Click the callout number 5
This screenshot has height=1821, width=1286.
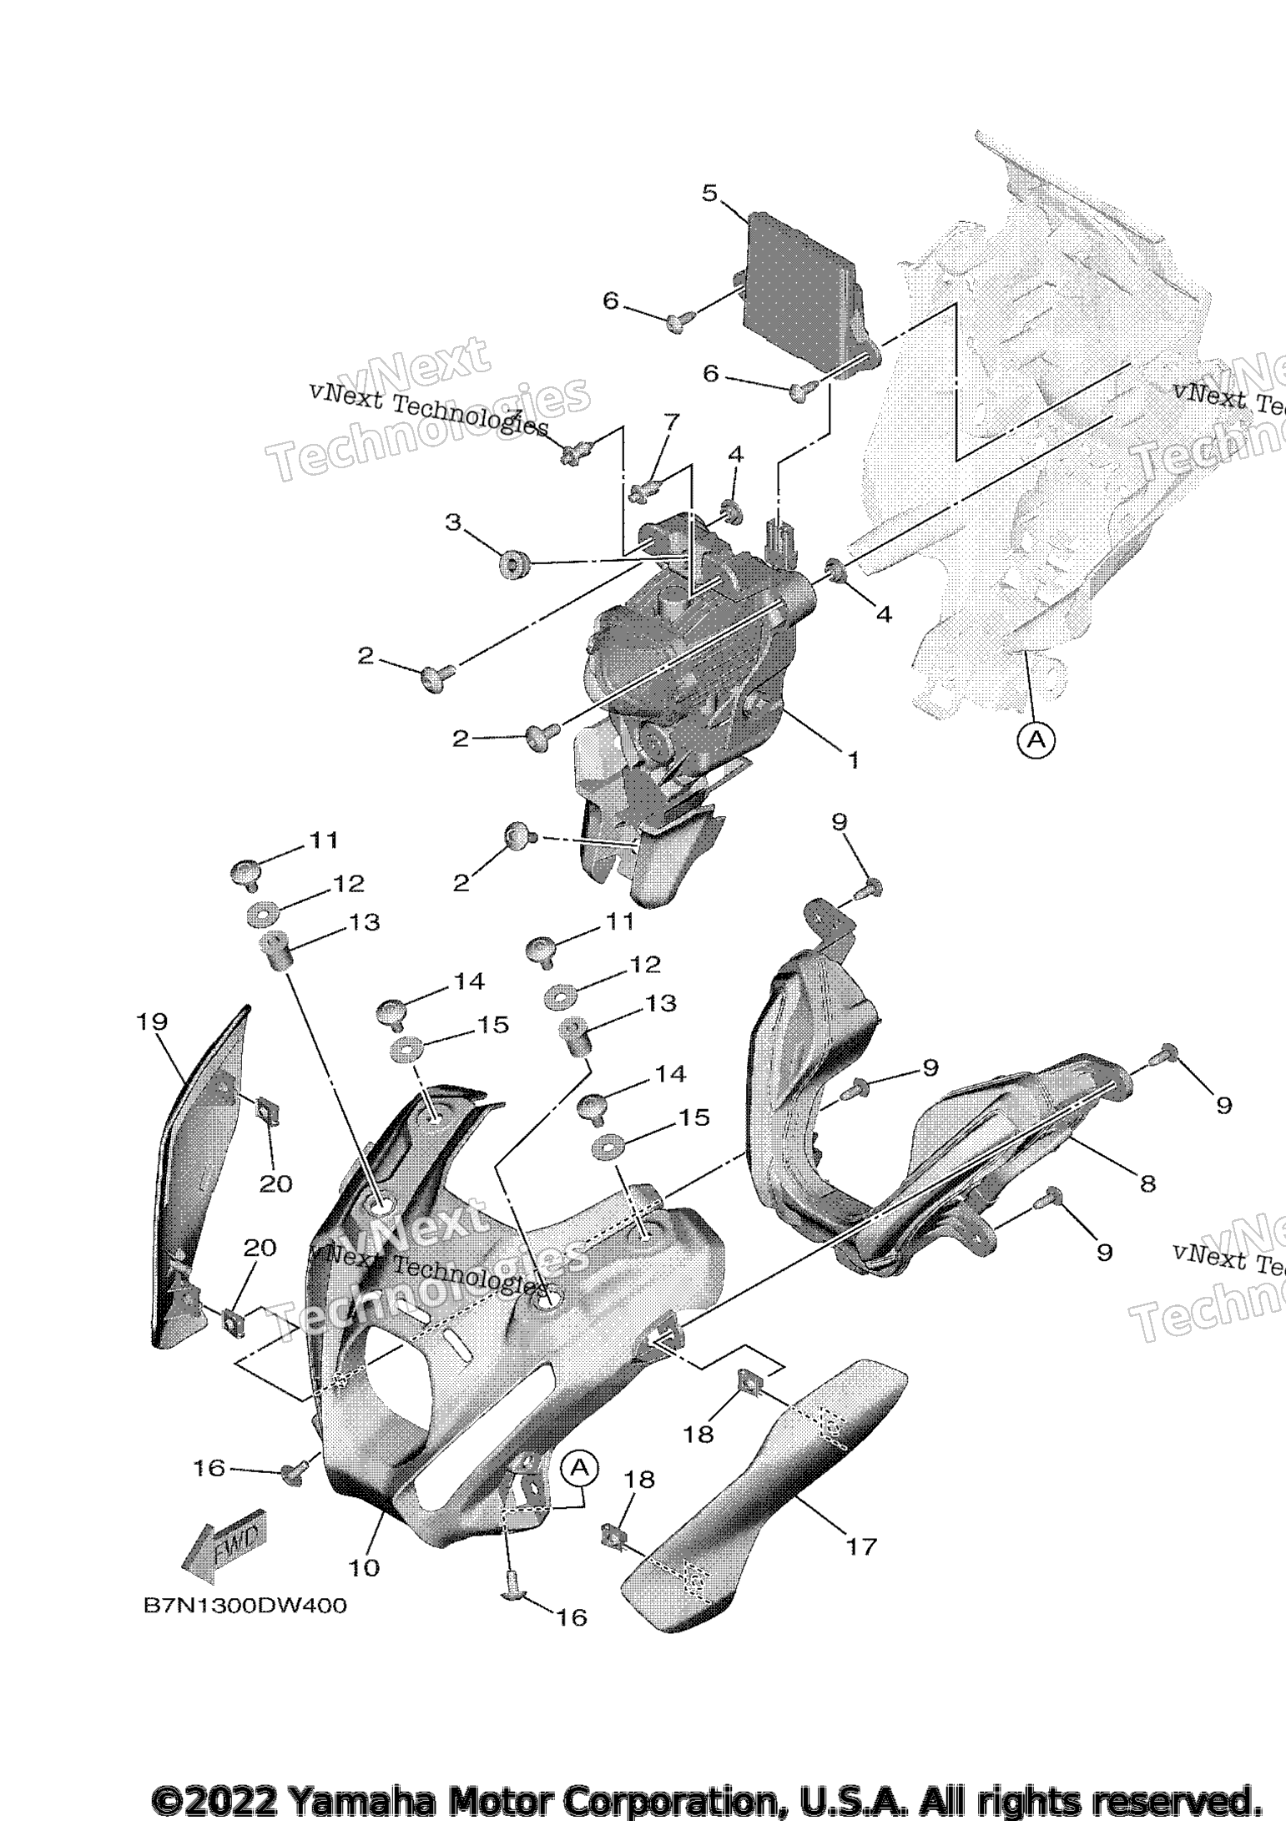pyautogui.click(x=709, y=194)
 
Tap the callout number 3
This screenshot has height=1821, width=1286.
pyautogui.click(x=453, y=523)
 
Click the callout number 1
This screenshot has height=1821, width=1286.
pyautogui.click(x=853, y=759)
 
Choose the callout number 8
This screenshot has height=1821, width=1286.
pyautogui.click(x=1148, y=1183)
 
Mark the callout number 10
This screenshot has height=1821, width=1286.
pyautogui.click(x=364, y=1567)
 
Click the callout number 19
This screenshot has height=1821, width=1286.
pyautogui.click(x=154, y=1021)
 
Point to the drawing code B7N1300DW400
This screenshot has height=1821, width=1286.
pyautogui.click(x=245, y=1606)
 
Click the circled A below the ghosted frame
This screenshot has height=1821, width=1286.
pyautogui.click(x=1036, y=739)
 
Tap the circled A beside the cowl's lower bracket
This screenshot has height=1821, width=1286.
pyautogui.click(x=581, y=1466)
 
